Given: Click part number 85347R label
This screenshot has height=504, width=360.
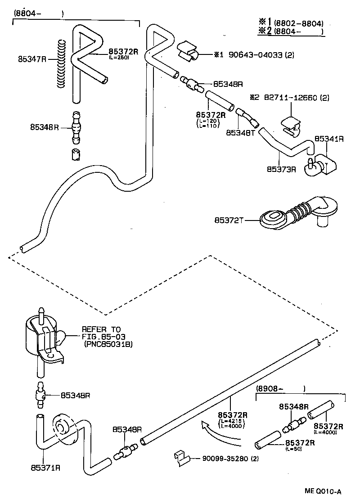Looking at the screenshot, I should (32, 58).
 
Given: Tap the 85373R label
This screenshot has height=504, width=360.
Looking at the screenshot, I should (281, 170).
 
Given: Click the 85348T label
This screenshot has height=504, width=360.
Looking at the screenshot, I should (240, 133).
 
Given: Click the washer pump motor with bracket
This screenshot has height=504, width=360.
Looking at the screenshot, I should (45, 337).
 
